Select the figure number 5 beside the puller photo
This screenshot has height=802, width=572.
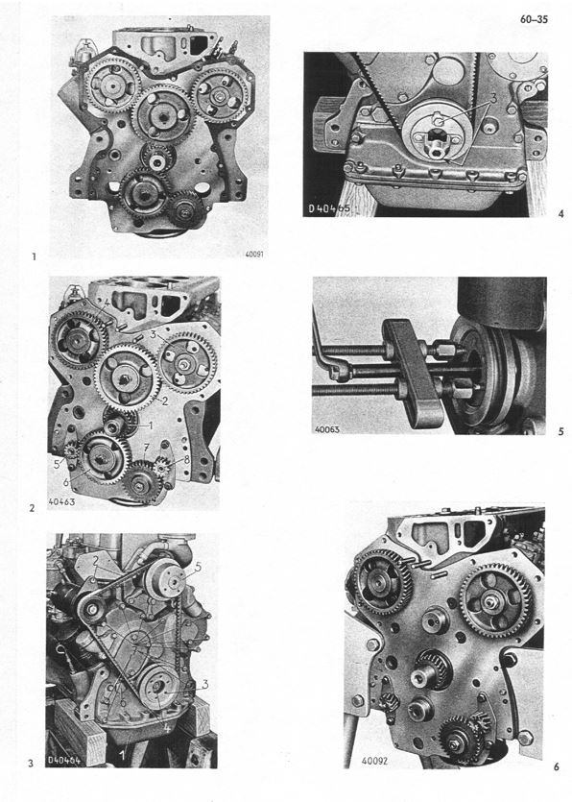pos(560,432)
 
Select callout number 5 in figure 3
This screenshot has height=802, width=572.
pos(198,568)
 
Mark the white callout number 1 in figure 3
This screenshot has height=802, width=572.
pos(122,756)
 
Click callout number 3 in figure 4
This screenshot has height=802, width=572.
pos(492,98)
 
